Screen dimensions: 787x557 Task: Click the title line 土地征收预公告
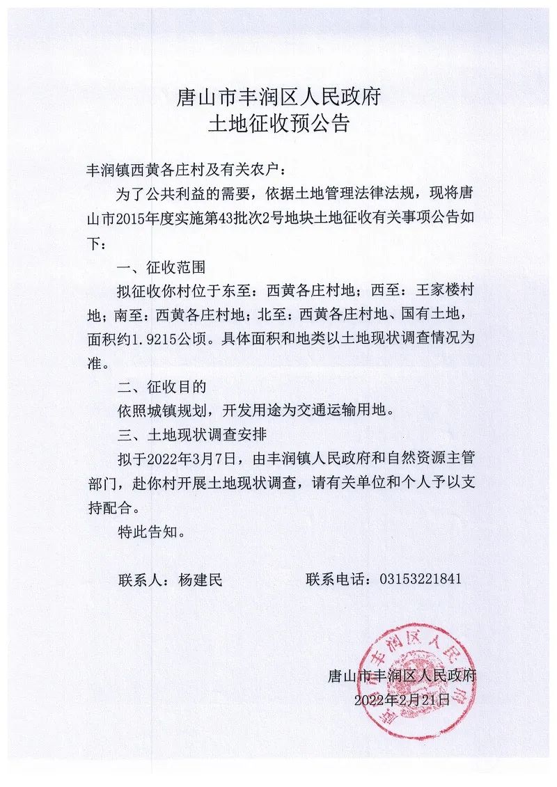(x=278, y=124)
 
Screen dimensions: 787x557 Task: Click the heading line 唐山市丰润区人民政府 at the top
(x=278, y=95)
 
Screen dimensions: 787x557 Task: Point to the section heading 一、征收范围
(x=162, y=267)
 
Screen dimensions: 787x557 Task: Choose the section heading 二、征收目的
(x=162, y=386)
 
